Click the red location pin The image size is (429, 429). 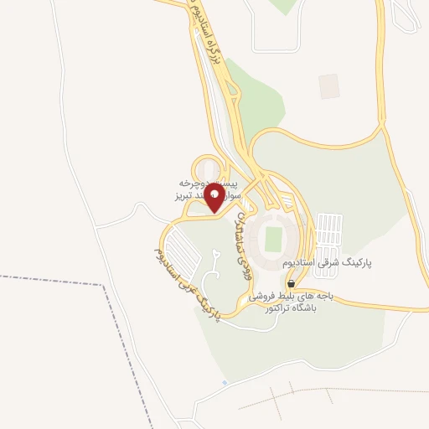pos(214,199)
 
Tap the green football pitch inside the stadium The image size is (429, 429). pos(273,239)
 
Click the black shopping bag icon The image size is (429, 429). pos(291,284)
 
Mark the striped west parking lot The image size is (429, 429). pos(178,248)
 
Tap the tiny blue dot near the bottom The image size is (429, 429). pos(224,383)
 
